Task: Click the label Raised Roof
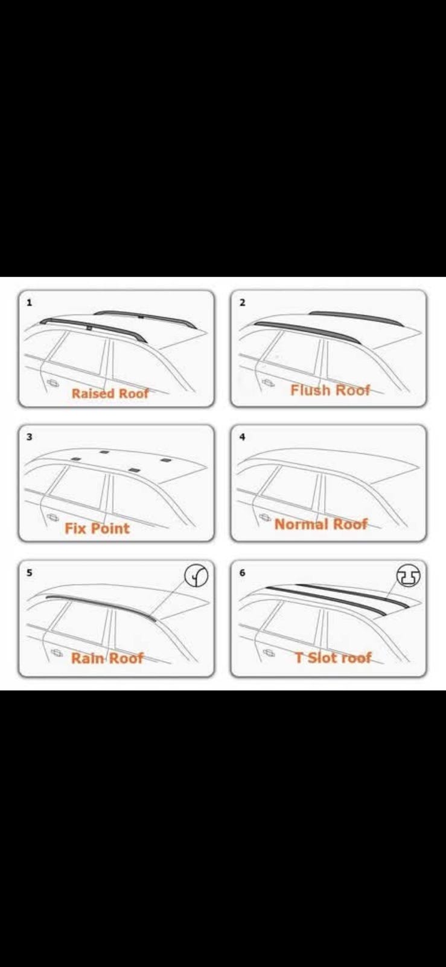tap(110, 393)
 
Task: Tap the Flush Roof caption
tap(330, 390)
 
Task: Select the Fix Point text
tap(97, 528)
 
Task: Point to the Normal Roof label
tap(321, 524)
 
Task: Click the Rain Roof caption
tap(107, 658)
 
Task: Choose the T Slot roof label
tap(333, 658)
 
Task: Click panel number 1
tap(30, 303)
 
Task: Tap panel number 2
tap(243, 303)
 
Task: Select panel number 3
tap(30, 437)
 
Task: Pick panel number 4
tap(243, 437)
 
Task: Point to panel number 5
tap(30, 573)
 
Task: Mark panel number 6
tap(243, 573)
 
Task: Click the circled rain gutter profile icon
tap(197, 576)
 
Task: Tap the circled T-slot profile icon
tap(409, 576)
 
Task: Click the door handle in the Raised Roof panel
tap(54, 383)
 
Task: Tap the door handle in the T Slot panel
tap(269, 653)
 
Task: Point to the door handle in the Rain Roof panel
tap(57, 652)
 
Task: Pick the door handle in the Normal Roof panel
tap(265, 517)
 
